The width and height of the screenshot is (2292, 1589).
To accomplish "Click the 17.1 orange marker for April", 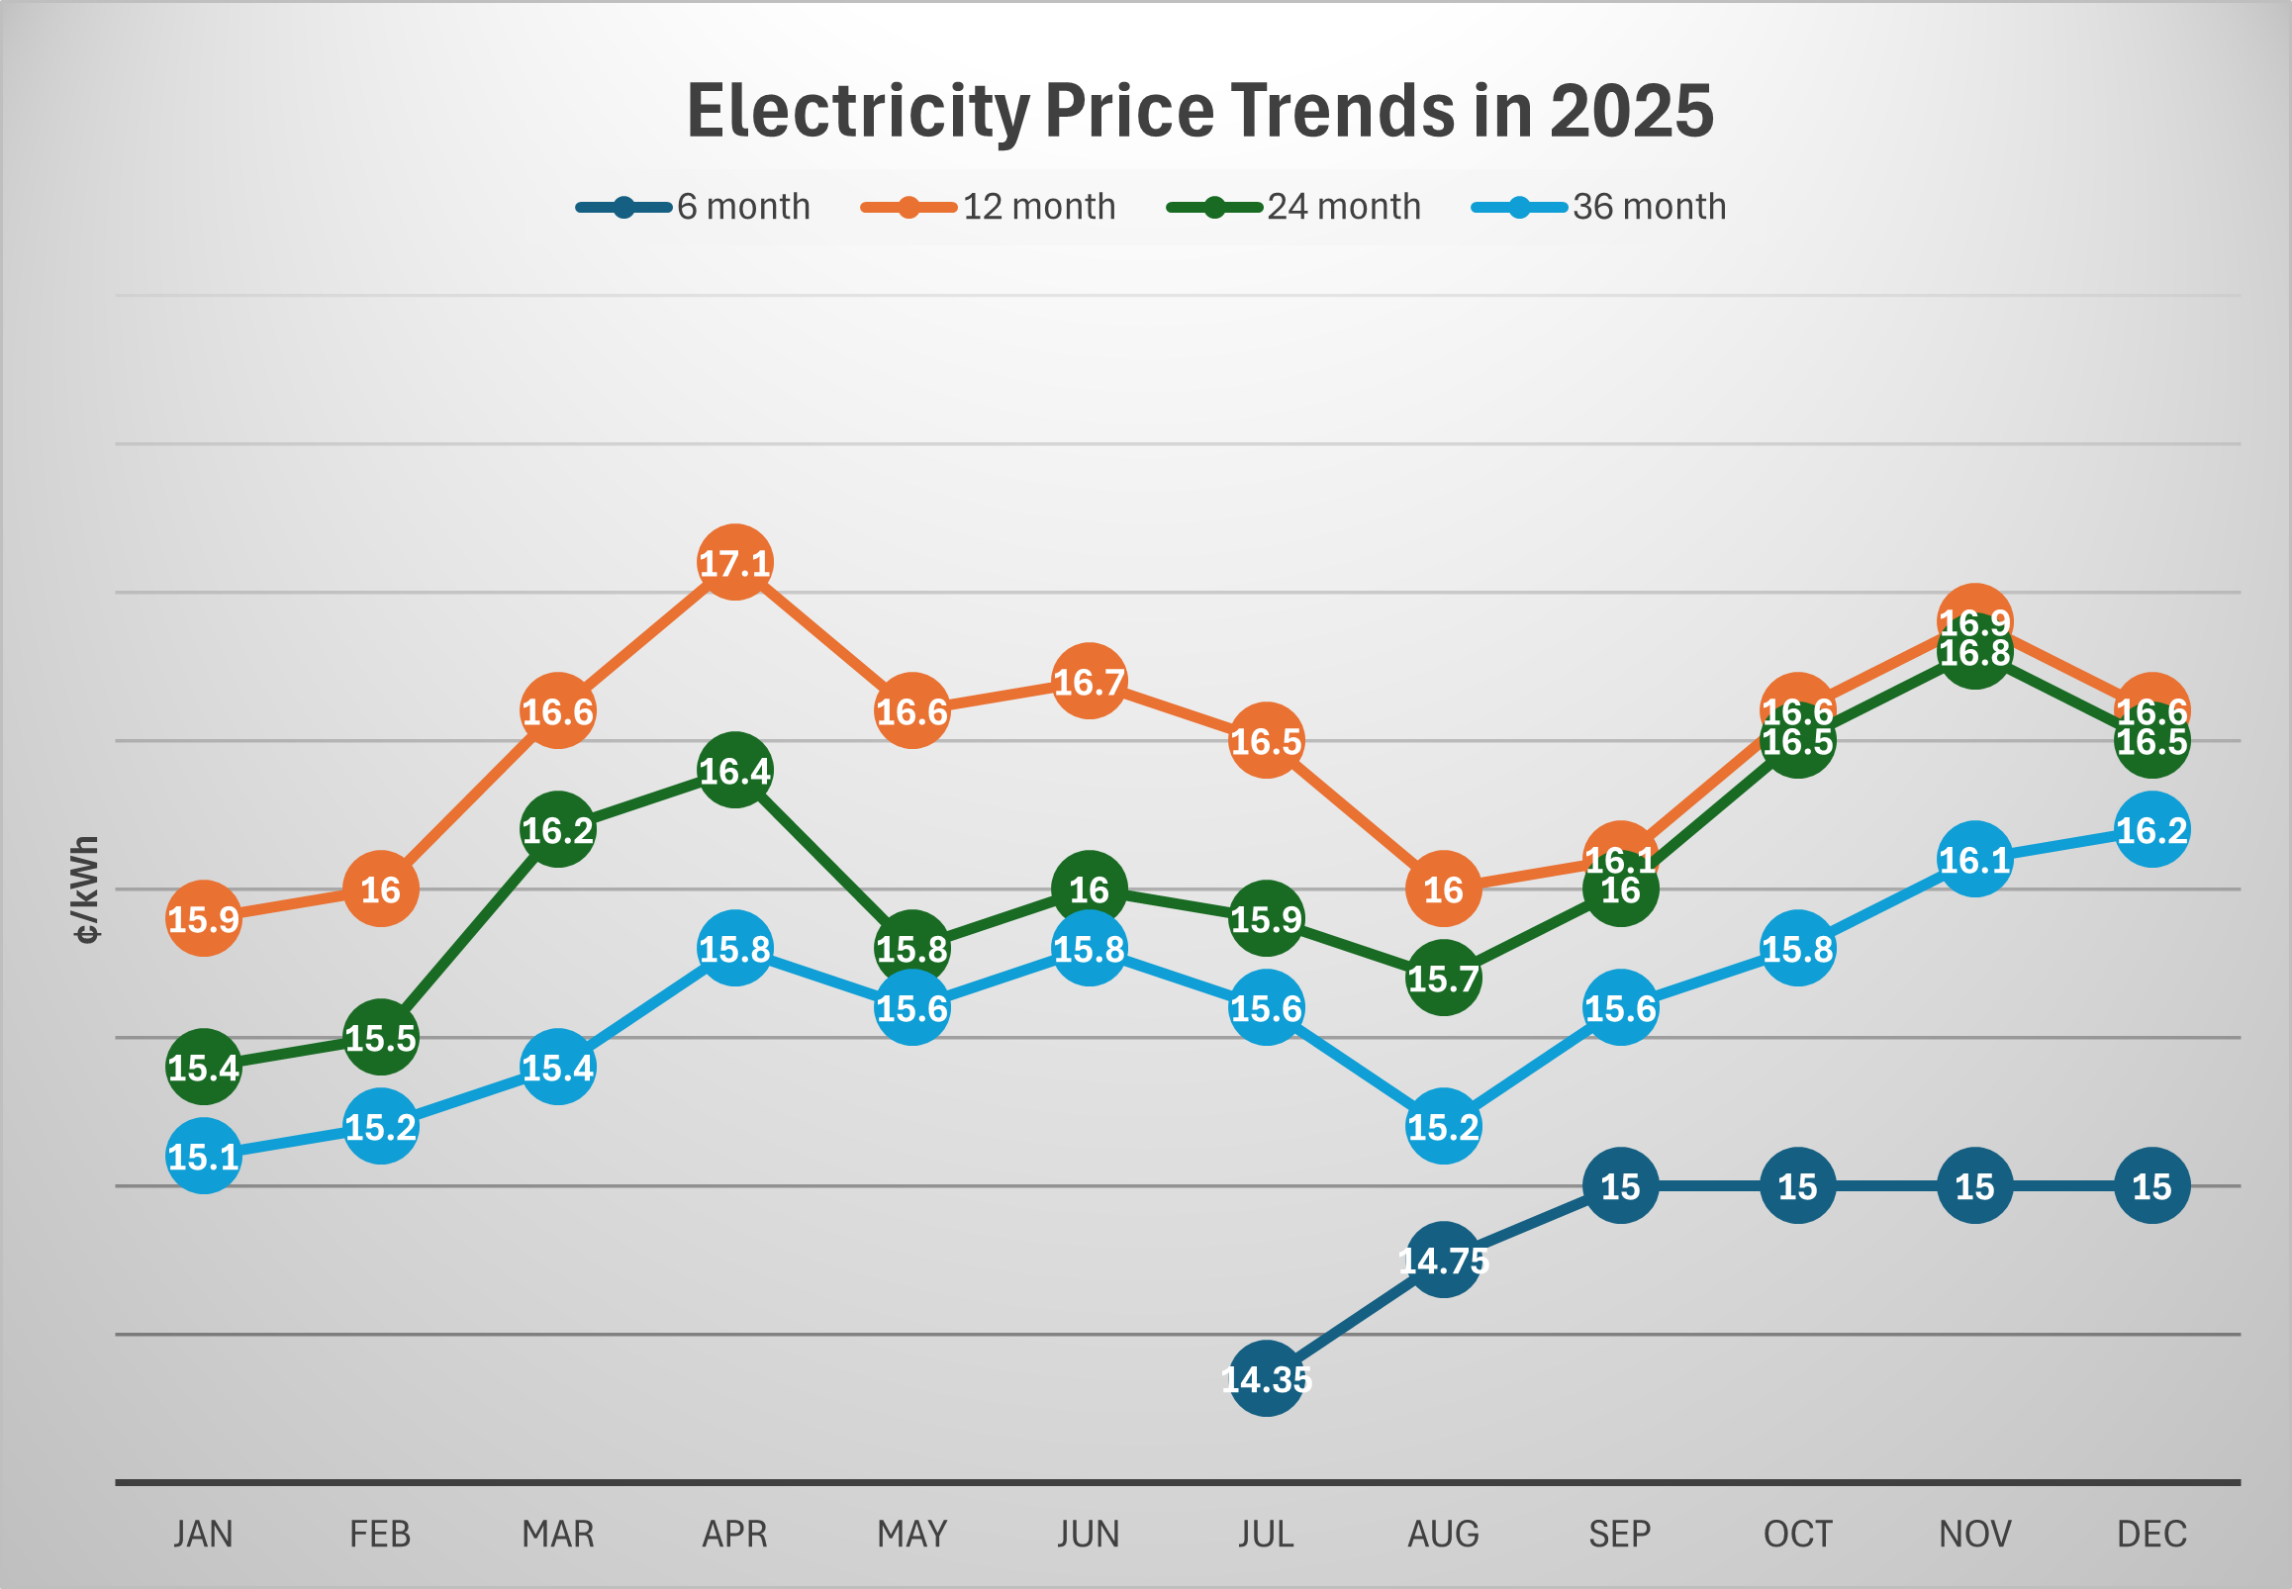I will click(734, 563).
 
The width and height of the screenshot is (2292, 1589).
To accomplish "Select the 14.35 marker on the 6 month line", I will click(1266, 1379).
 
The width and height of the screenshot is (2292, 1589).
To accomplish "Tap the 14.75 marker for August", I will click(1443, 1261).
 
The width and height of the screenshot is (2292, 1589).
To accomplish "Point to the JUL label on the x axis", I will click(1266, 1535).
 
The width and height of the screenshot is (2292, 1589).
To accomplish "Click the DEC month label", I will click(2151, 1535).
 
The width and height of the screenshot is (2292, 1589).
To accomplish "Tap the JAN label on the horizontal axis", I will click(203, 1535).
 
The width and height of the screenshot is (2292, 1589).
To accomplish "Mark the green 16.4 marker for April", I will click(734, 771).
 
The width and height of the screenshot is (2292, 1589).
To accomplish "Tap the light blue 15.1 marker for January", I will click(203, 1157).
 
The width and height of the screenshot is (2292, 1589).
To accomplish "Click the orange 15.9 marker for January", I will click(203, 919).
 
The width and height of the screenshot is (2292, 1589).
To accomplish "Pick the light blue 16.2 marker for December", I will click(2151, 830).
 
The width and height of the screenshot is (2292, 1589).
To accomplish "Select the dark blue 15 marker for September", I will click(1620, 1186).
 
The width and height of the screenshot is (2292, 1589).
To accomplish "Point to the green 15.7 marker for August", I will click(1443, 979).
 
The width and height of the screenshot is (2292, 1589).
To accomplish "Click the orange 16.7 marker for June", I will click(1090, 682).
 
